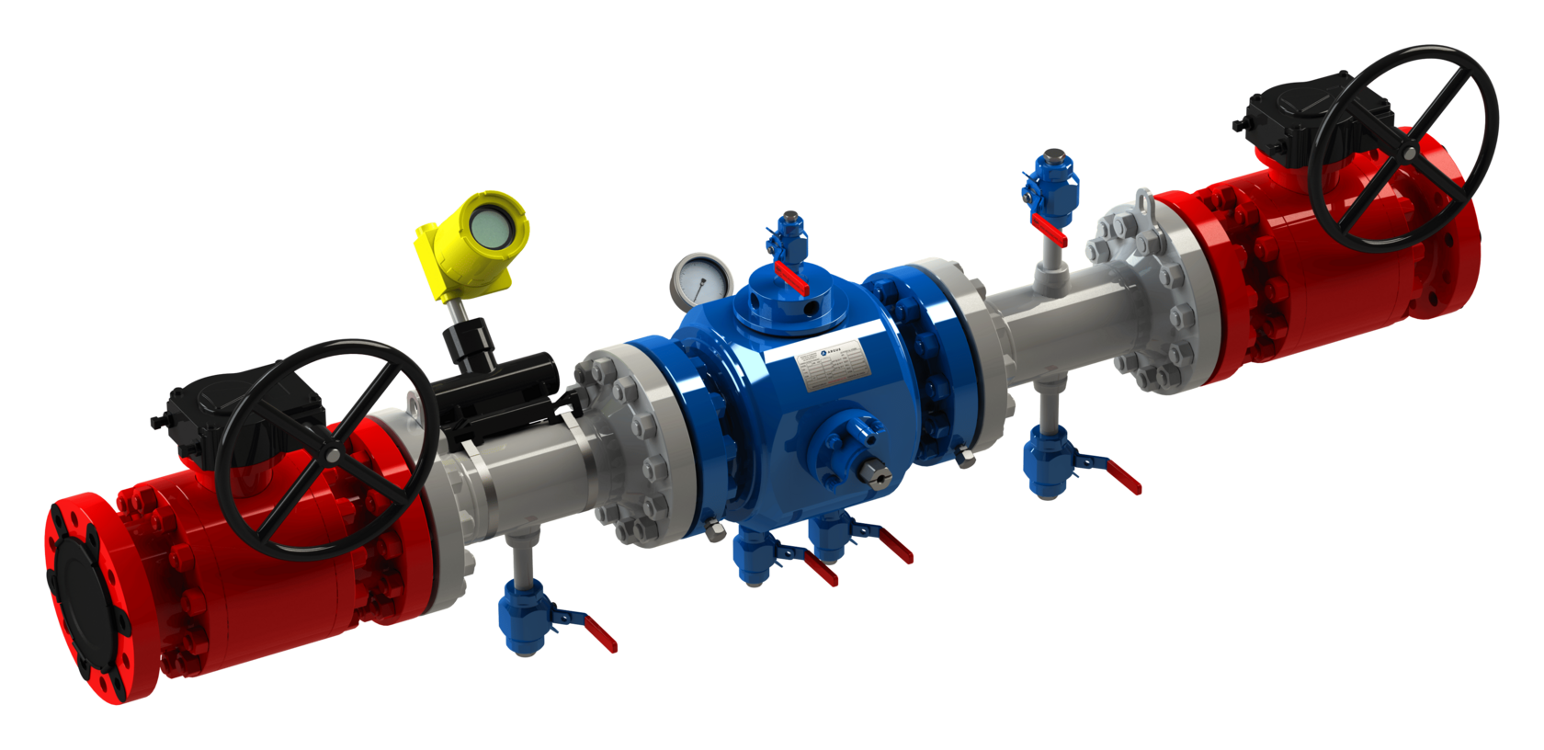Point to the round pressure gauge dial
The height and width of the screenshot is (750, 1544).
click(701, 281)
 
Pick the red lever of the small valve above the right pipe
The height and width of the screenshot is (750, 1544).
click(1050, 229)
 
